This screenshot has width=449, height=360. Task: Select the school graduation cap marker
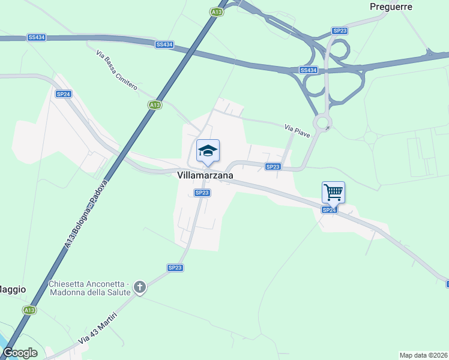(208, 151)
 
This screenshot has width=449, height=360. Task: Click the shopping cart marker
(333, 193)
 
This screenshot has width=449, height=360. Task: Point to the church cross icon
(140, 287)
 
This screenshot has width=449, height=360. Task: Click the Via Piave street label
(297, 130)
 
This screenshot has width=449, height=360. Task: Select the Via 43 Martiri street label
(97, 328)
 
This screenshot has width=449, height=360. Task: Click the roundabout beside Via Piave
(324, 123)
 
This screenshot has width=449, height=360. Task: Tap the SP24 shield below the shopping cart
(328, 209)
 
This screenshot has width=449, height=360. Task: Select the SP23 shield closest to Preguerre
(340, 31)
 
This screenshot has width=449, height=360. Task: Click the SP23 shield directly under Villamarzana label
(202, 193)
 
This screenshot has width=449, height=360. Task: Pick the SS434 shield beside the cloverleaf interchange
(308, 70)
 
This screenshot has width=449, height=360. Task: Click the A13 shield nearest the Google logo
(29, 310)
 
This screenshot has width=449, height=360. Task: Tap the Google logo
(20, 353)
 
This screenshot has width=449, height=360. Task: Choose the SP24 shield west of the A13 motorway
(63, 94)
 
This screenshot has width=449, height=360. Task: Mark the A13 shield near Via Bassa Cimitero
(155, 105)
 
